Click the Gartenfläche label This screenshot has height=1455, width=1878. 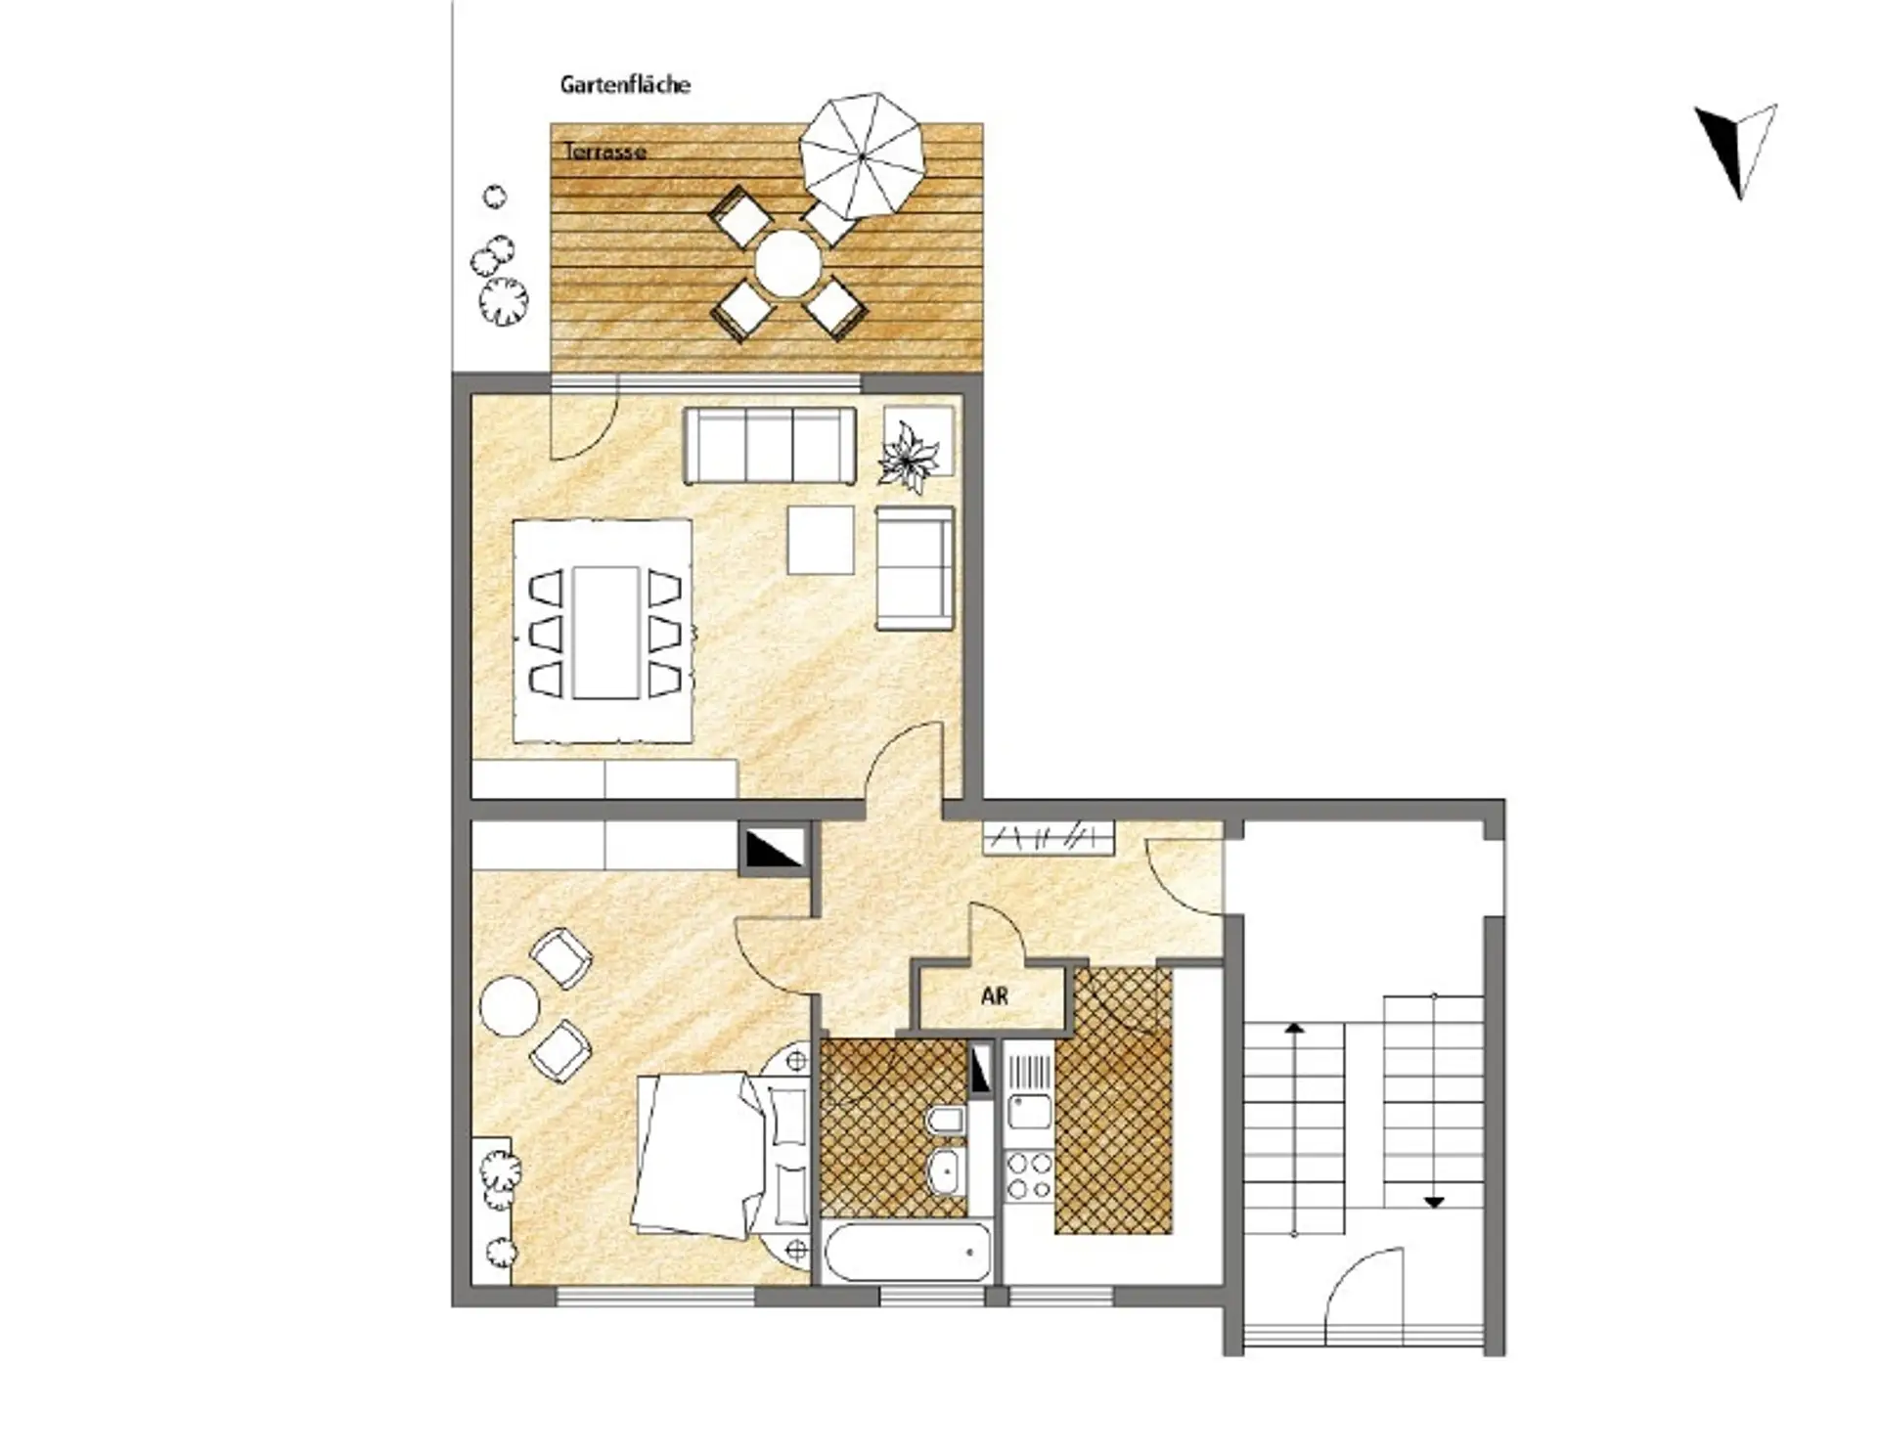pos(625,85)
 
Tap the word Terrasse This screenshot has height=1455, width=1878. pos(604,152)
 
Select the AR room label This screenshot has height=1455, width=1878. pos(994,996)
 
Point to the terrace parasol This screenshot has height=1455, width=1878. pos(862,156)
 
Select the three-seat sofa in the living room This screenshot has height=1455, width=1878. pos(770,446)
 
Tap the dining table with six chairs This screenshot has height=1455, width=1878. pos(605,634)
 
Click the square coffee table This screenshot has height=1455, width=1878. pos(821,540)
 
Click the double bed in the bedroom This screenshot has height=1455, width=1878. pos(722,1156)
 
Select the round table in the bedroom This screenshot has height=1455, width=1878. pos(509,1005)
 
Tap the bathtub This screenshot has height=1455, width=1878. pos(909,1252)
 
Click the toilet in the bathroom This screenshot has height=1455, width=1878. pos(944,1124)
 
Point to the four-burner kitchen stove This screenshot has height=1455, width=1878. pos(1029,1175)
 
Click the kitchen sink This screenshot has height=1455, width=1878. pos(1029,1112)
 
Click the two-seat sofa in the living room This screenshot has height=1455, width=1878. pos(915,568)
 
